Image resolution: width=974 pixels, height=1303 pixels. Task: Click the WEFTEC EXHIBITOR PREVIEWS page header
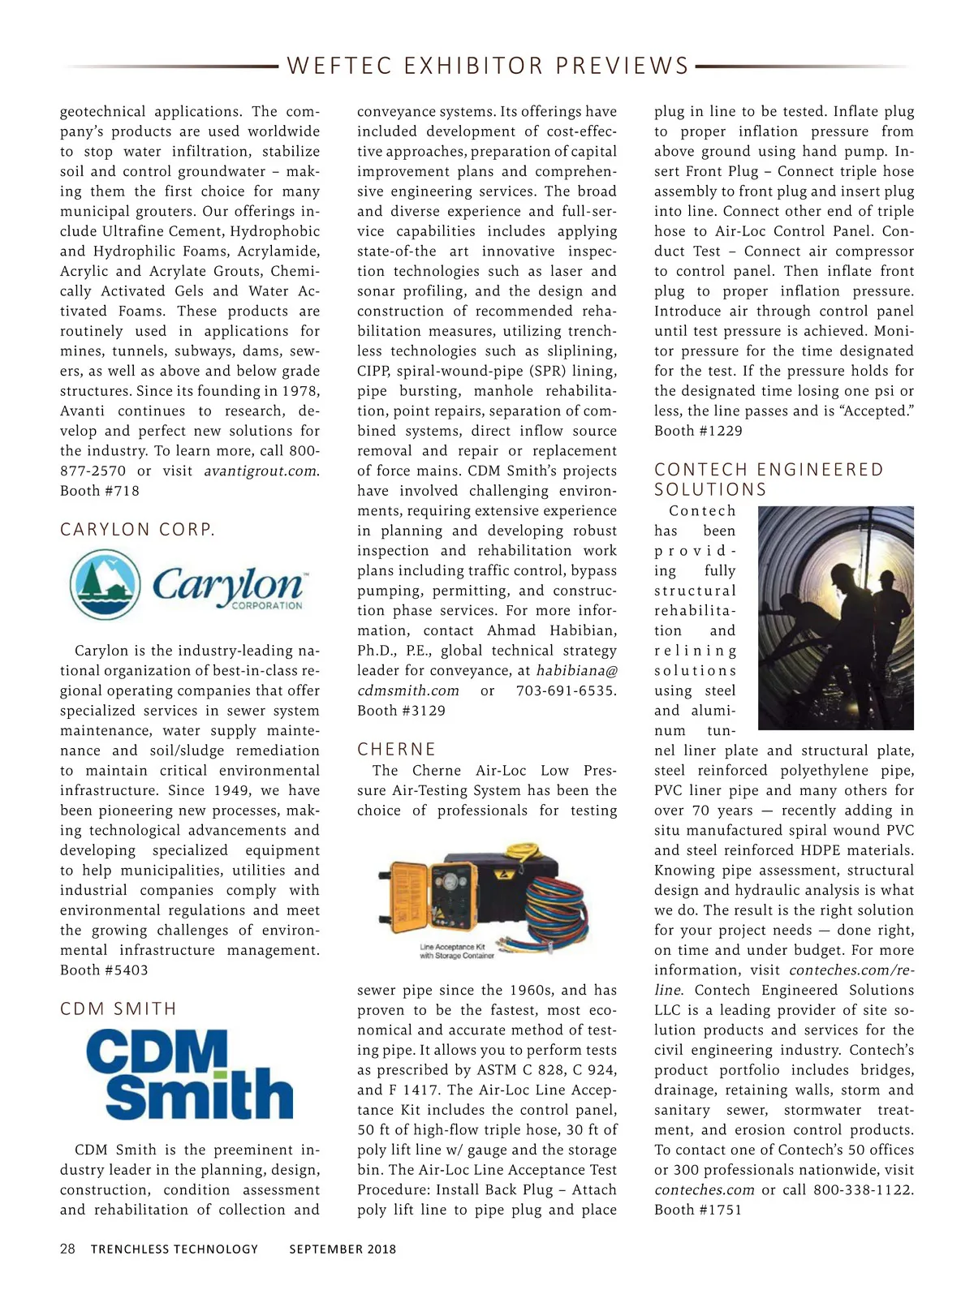[x=487, y=66]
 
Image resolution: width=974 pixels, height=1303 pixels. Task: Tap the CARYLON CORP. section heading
[x=138, y=530]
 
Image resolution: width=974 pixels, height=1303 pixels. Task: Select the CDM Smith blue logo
[x=189, y=1075]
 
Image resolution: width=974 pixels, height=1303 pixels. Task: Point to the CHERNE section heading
[x=396, y=749]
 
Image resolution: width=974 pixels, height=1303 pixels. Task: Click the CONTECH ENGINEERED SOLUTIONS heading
[x=768, y=479]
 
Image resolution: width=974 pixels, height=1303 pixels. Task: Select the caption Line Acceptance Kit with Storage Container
[x=456, y=951]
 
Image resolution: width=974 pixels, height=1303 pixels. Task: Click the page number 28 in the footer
[x=67, y=1249]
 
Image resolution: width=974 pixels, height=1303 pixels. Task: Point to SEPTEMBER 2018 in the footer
[x=343, y=1249]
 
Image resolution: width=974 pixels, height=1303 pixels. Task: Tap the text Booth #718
[x=100, y=491]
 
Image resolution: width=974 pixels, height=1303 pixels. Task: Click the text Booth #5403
[x=104, y=970]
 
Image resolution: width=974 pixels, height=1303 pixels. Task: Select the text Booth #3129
[x=401, y=711]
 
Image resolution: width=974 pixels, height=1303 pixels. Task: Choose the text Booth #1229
[x=698, y=431]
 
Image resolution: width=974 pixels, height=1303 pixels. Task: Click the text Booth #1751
[x=698, y=1210]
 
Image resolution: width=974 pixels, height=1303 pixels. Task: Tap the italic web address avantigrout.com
[x=260, y=471]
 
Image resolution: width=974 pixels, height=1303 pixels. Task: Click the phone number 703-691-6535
[x=566, y=691]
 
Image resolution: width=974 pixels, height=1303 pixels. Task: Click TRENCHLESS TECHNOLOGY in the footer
[x=175, y=1249]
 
